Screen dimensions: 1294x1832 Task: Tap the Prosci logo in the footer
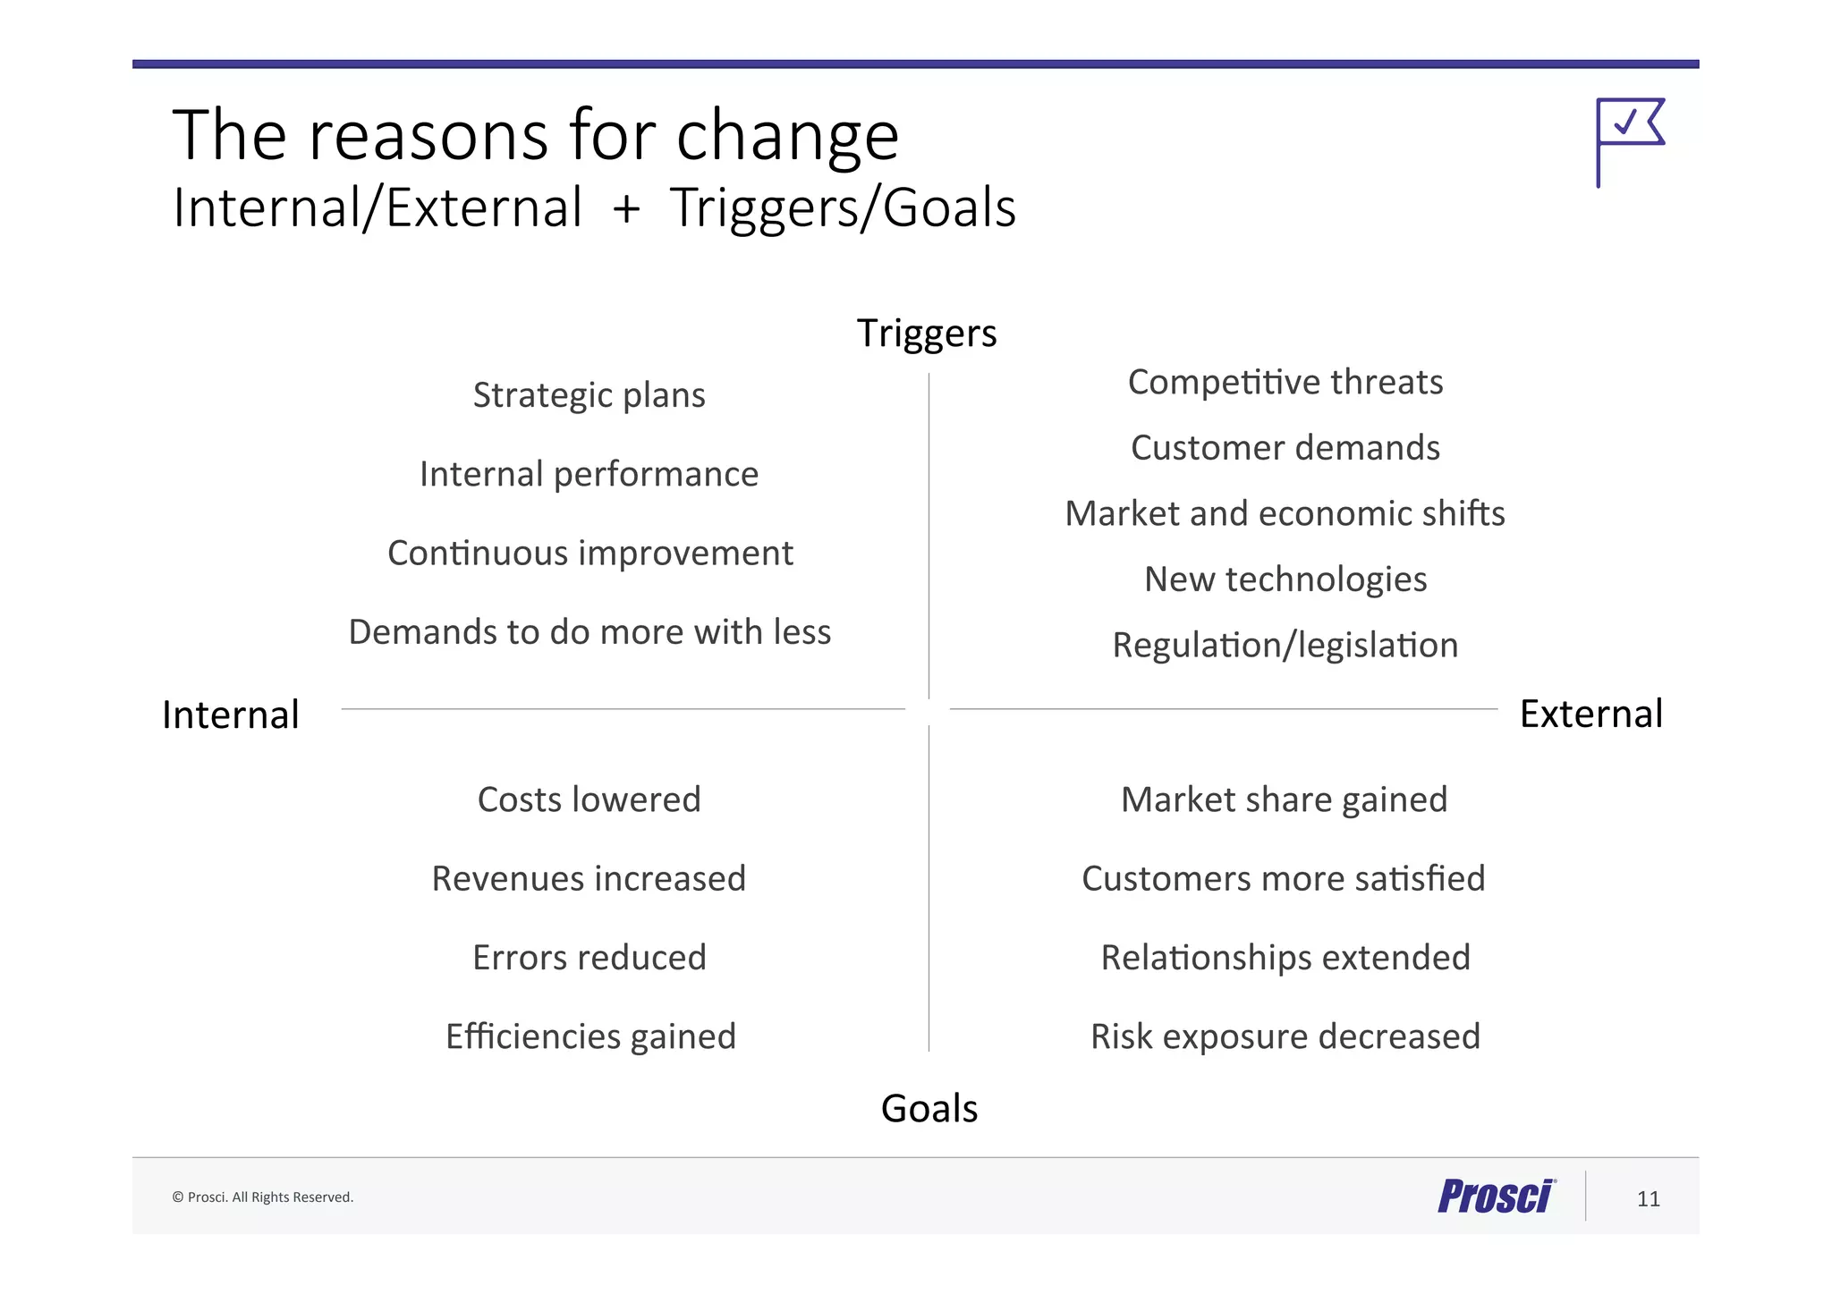1496,1197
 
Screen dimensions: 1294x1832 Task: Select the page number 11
1648,1198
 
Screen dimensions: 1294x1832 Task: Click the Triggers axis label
927,334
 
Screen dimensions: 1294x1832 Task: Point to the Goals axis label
929,1109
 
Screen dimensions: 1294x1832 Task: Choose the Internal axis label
231,715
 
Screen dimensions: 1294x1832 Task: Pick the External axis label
1590,714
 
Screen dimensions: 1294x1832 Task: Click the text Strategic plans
589,395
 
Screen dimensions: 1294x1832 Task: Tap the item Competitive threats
1285,382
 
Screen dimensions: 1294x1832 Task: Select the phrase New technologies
1285,579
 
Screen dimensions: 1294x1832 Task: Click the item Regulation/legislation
1285,645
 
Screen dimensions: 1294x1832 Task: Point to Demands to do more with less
589,632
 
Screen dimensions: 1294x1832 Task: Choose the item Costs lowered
589,799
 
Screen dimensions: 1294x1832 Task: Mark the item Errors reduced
589,958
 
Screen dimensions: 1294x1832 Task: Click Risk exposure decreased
1285,1036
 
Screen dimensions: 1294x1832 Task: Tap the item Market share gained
1284,799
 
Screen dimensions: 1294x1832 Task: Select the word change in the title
786,136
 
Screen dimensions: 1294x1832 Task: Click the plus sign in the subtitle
626,209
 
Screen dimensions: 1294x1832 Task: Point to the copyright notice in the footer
262,1197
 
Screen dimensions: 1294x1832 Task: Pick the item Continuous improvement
589,554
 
